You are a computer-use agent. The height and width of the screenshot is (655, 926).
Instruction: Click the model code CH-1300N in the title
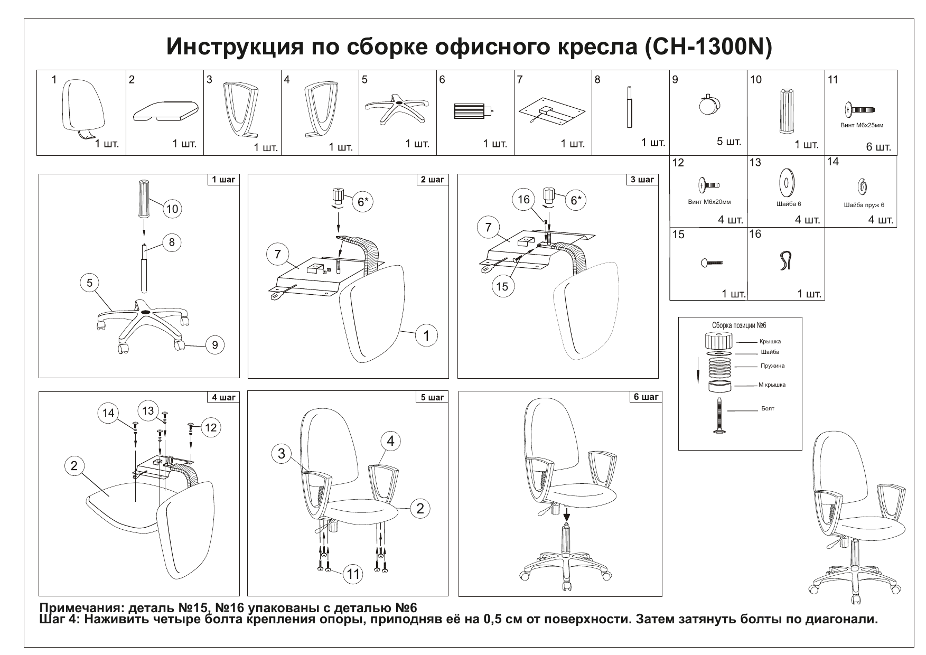[708, 47]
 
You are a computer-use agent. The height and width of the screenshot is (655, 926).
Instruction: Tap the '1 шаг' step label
[223, 180]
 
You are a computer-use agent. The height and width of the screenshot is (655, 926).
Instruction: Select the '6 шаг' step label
[646, 397]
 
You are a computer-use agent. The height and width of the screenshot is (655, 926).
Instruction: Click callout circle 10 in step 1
[172, 209]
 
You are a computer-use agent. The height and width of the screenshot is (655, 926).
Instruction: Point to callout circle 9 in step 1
[215, 345]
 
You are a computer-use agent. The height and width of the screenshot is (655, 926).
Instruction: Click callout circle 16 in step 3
[523, 200]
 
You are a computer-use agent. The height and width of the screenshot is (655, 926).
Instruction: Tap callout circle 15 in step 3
[502, 286]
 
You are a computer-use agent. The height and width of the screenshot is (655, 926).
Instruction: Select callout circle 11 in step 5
[353, 574]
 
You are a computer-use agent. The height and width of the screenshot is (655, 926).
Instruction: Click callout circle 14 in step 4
[108, 413]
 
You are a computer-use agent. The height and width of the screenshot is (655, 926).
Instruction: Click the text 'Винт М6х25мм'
[862, 126]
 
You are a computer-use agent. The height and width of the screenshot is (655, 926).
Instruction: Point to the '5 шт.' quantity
[729, 142]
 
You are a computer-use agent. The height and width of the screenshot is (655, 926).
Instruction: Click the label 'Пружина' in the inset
[772, 366]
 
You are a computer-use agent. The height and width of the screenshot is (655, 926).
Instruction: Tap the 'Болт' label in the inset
[768, 408]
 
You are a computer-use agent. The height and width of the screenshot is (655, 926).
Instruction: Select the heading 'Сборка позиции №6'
[739, 325]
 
